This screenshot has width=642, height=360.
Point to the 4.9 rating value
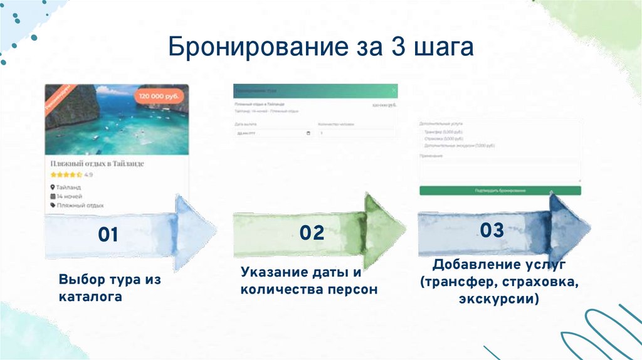click(x=88, y=175)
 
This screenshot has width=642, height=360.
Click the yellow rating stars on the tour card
click(x=66, y=175)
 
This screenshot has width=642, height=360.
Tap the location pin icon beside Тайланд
click(x=53, y=187)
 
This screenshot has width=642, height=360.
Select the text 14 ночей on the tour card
click(x=70, y=196)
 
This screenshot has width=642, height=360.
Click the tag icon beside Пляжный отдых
click(x=53, y=205)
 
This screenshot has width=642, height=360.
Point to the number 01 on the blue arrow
click(x=108, y=235)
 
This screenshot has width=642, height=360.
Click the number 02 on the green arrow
click(x=312, y=233)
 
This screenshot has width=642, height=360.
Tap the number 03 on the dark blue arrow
click(x=492, y=230)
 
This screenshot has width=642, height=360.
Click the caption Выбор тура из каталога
click(x=110, y=288)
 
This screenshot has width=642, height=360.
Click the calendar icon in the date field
click(x=307, y=134)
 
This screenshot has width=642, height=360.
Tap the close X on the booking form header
click(x=393, y=90)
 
